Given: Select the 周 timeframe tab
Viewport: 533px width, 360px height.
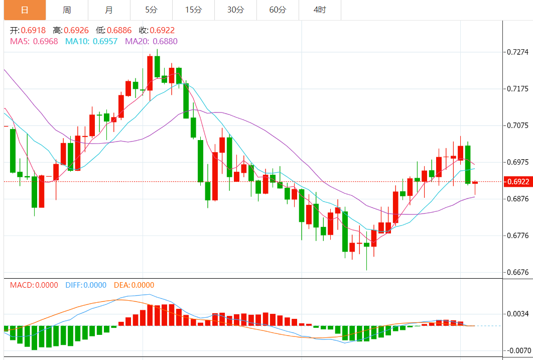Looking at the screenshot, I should tap(67, 10).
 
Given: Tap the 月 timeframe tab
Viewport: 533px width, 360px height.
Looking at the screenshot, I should tap(109, 10).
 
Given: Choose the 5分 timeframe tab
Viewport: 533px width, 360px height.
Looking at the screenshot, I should tap(151, 10).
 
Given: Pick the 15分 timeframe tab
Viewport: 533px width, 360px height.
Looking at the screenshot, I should tap(193, 10).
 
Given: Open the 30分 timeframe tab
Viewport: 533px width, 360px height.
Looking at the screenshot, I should tap(235, 10).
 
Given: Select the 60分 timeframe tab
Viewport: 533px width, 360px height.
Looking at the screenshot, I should tap(278, 10).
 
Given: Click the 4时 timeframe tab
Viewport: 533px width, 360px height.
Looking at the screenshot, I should tap(320, 10).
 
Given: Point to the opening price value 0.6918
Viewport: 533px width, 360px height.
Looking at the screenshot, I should tap(33, 31).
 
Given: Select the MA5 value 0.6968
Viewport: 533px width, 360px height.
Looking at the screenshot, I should tap(45, 41).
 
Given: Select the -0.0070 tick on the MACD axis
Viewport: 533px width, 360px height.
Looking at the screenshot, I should tap(517, 350).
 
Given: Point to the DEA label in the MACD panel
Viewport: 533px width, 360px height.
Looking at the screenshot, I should tap(121, 285).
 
